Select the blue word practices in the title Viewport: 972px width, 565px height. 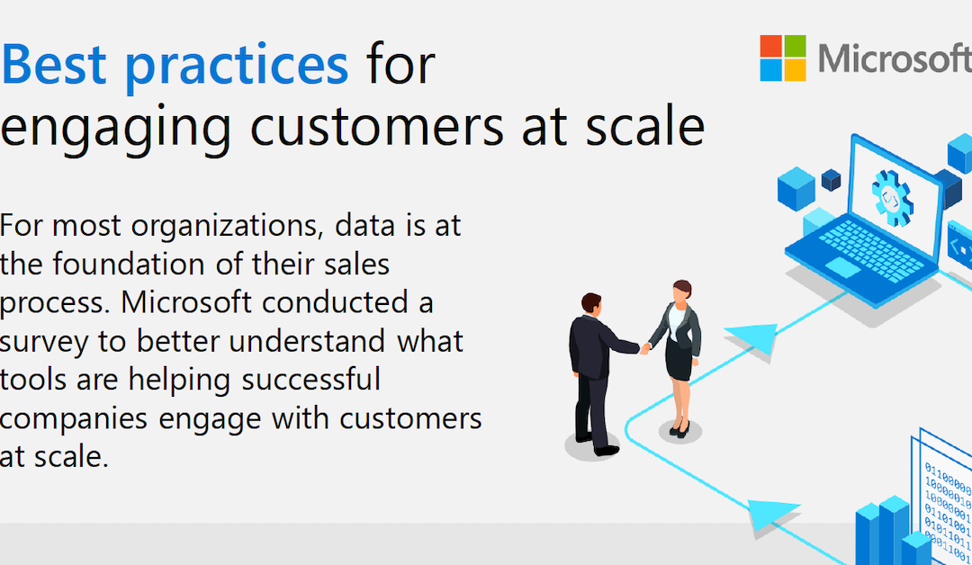[238, 67]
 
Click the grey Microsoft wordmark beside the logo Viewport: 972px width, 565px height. [895, 58]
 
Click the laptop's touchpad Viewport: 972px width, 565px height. [843, 267]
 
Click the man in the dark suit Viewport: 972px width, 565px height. [594, 369]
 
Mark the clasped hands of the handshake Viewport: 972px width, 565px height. [644, 347]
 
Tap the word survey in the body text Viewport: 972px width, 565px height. [50, 342]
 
